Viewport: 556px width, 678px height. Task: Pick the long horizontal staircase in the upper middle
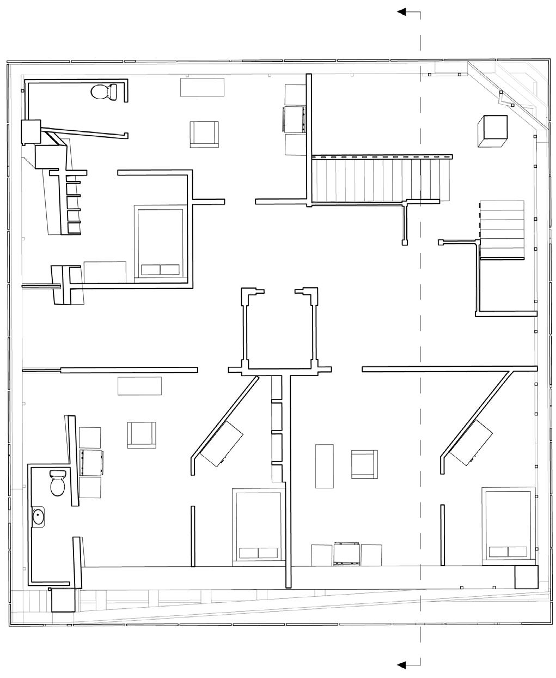tap(381, 179)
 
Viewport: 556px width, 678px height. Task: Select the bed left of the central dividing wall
tap(258, 524)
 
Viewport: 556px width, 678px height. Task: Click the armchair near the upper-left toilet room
tap(205, 134)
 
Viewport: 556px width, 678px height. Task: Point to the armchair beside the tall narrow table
tap(364, 464)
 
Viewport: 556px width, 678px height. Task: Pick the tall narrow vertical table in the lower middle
tap(324, 466)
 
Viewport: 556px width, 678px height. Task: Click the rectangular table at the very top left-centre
tap(203, 87)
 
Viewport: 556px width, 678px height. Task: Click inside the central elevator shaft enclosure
tap(280, 330)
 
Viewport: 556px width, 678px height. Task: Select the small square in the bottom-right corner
tap(526, 577)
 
